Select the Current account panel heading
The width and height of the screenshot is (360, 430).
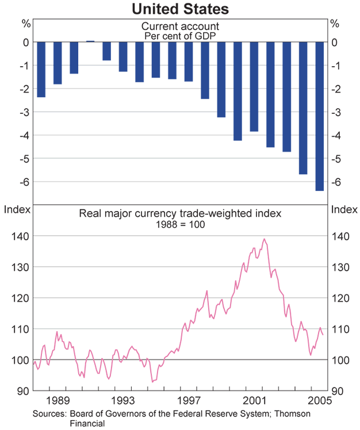point(179,26)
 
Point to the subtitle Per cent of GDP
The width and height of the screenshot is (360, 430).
point(179,35)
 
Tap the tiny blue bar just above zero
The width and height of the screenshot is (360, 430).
point(90,41)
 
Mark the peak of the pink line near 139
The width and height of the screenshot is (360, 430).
point(264,239)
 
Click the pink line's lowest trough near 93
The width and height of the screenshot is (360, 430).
point(152,381)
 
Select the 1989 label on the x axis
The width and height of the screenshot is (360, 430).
point(57,400)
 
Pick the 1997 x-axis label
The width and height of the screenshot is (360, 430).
point(188,400)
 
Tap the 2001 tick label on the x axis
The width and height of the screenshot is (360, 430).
point(254,400)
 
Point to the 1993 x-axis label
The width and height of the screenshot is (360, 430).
point(122,400)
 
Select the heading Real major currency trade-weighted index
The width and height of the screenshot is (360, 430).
point(179,214)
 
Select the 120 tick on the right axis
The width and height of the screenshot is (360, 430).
point(339,298)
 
